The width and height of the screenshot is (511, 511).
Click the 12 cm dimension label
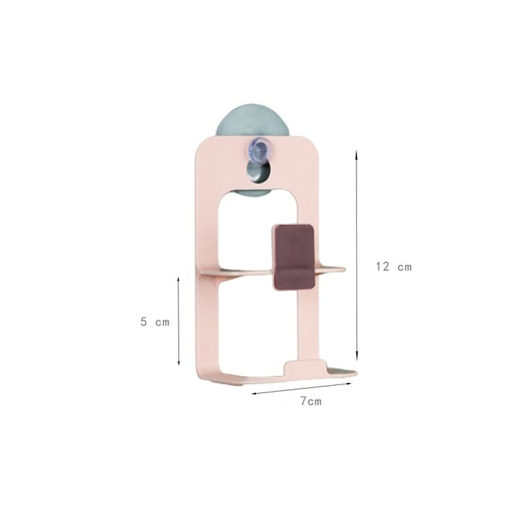(394, 267)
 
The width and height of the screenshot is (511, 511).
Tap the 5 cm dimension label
(155, 322)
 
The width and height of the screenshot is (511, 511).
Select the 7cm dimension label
(311, 401)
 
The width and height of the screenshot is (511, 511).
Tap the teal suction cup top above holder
(253, 120)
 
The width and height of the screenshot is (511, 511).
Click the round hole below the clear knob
(258, 171)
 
